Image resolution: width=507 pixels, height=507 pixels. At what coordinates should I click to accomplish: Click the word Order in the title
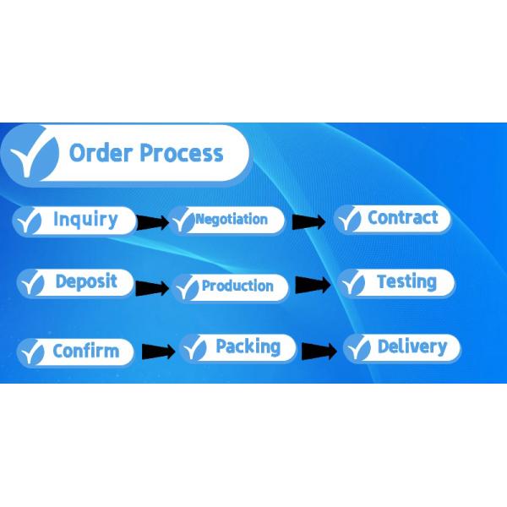(x=101, y=153)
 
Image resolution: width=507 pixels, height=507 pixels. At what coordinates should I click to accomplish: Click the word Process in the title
(x=182, y=153)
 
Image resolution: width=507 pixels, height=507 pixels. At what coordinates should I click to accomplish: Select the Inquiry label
(x=85, y=220)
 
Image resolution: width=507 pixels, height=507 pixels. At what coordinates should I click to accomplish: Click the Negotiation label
(x=232, y=219)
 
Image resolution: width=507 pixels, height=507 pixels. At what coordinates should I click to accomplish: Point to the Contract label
(x=403, y=217)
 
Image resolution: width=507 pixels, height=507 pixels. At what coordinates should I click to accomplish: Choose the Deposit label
(x=86, y=281)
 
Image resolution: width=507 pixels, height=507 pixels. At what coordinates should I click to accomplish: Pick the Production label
(x=237, y=286)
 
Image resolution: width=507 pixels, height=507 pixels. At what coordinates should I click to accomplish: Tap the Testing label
(x=406, y=281)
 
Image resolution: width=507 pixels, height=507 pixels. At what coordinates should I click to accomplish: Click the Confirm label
(x=86, y=351)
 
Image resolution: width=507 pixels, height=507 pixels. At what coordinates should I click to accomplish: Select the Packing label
(x=248, y=347)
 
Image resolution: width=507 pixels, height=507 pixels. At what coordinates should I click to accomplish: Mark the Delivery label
(x=412, y=346)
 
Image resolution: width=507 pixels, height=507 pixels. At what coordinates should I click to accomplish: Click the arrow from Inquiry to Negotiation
(x=153, y=222)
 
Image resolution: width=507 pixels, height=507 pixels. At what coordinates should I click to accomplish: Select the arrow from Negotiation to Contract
(x=308, y=221)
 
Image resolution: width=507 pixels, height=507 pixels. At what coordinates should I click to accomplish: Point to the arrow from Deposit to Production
(x=152, y=288)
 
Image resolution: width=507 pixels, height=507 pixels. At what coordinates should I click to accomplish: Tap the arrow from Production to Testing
(x=313, y=285)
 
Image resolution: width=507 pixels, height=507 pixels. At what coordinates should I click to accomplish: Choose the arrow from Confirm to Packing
(x=159, y=352)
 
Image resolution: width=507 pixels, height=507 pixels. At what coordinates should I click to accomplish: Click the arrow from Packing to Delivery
(x=319, y=352)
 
